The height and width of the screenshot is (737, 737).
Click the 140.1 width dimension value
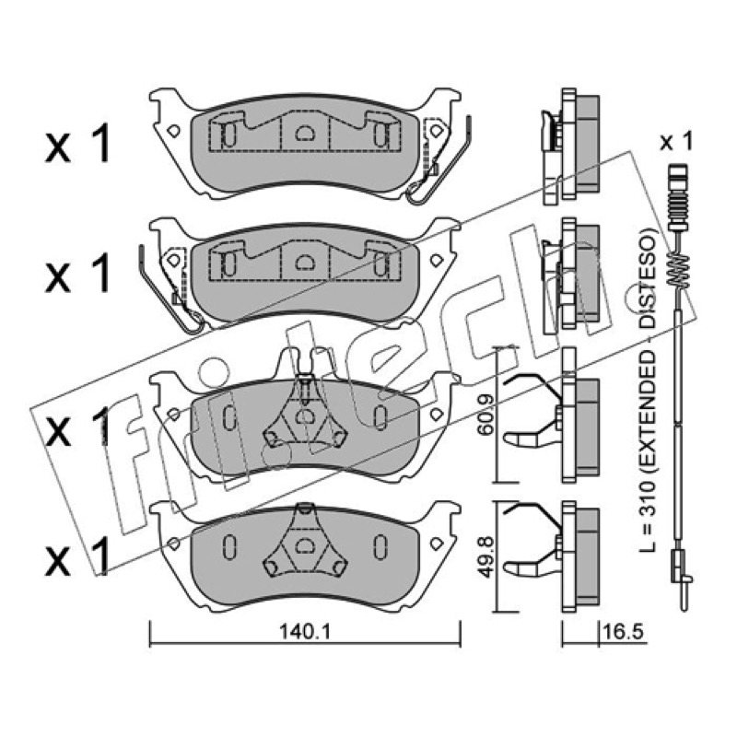click(x=306, y=632)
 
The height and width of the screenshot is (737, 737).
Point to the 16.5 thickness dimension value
click(x=622, y=632)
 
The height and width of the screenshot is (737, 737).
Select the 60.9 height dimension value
click(x=485, y=415)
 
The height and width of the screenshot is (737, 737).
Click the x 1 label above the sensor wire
click(x=676, y=141)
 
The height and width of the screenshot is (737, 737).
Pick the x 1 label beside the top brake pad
click(x=77, y=144)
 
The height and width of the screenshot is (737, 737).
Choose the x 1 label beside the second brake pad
click(x=77, y=272)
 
